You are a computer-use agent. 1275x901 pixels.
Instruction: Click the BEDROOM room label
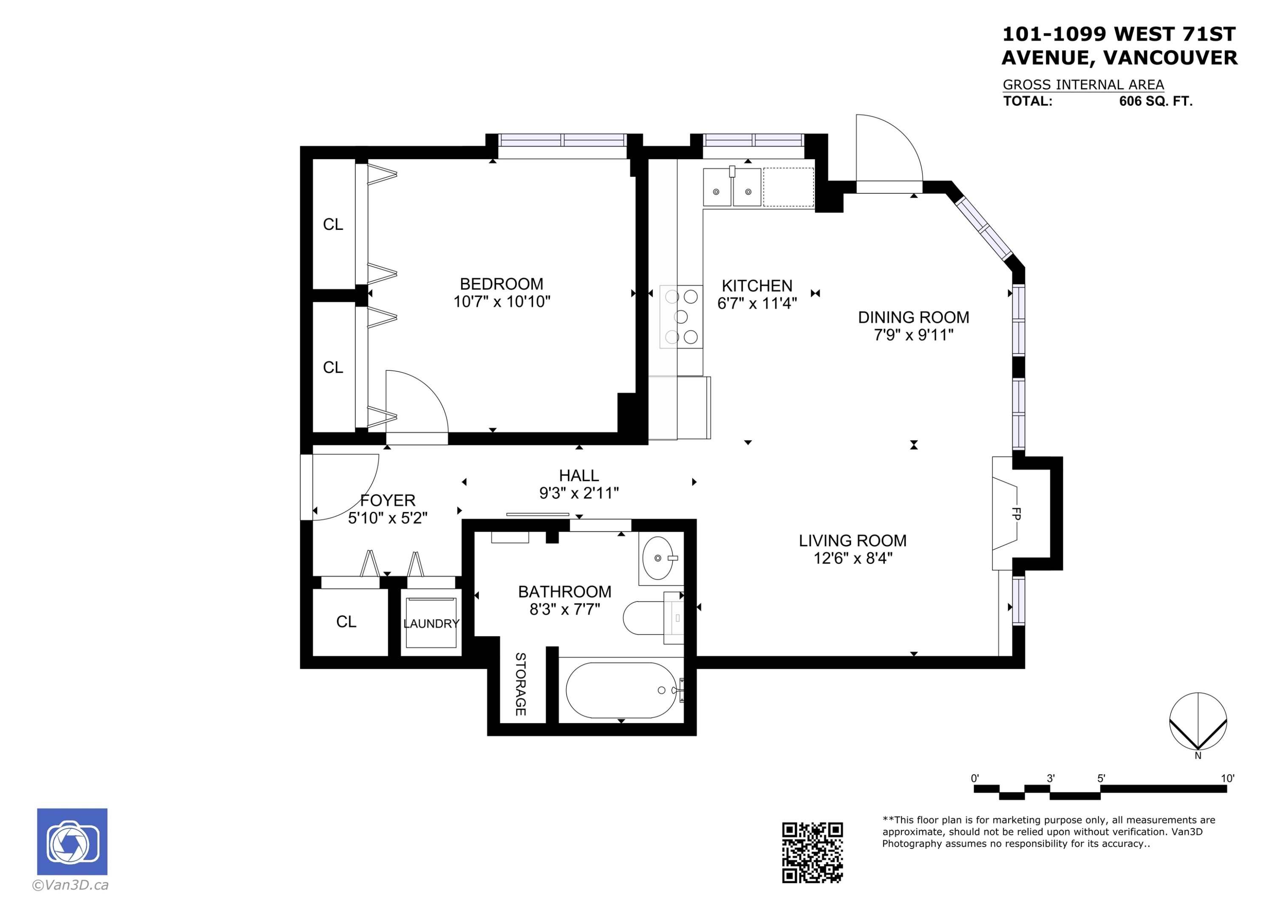click(x=501, y=284)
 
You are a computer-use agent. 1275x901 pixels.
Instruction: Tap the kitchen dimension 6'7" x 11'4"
click(x=757, y=303)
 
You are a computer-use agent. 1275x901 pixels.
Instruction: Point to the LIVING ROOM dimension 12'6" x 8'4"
click(x=853, y=558)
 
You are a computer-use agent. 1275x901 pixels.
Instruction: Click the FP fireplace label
click(x=1016, y=514)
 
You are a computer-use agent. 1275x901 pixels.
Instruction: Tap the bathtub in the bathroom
click(x=621, y=690)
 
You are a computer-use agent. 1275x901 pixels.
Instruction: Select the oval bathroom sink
click(x=657, y=557)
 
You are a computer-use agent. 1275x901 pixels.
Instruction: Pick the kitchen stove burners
click(x=681, y=316)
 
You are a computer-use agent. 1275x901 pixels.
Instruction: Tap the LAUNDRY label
click(x=431, y=624)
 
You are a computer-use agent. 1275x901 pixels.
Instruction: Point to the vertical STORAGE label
click(x=520, y=684)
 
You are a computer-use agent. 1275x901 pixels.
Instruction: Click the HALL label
click(x=578, y=475)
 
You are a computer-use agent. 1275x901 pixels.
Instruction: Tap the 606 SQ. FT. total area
click(x=1155, y=101)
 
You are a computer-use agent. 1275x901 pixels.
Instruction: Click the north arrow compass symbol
click(x=1198, y=721)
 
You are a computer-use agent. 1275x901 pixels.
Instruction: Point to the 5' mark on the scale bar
click(x=1101, y=779)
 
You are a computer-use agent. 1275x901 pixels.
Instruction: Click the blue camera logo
click(x=72, y=842)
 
